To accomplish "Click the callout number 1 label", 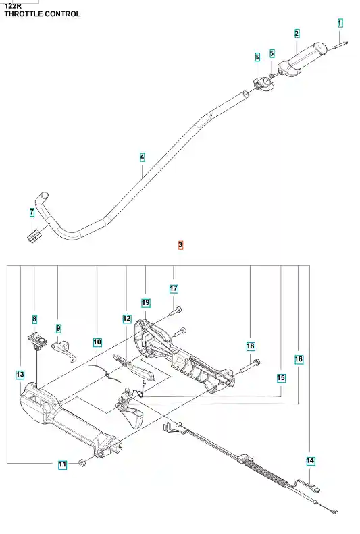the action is click(340, 23).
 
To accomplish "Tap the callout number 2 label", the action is click(297, 33).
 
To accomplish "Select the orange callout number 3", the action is click(180, 244).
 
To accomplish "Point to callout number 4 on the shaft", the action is click(142, 157).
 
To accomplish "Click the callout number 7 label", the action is click(32, 212).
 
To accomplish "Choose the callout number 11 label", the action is click(62, 464).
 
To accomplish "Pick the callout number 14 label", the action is click(310, 461).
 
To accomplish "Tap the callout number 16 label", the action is click(299, 359).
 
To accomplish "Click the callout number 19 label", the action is click(145, 302).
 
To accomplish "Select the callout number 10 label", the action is click(97, 342).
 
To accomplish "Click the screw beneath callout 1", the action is click(340, 45).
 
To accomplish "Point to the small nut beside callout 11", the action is click(82, 462).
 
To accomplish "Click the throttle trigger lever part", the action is click(130, 408).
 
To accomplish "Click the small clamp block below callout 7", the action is click(33, 236).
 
